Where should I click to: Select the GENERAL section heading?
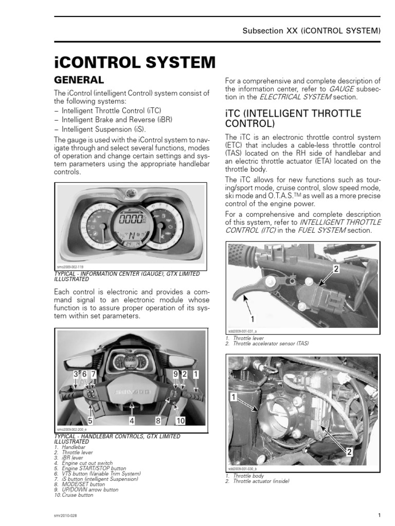pos(79,80)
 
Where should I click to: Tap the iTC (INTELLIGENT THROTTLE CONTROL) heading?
pos(293,119)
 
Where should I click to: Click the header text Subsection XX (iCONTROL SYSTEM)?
pos(311,31)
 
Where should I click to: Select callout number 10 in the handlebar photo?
pos(179,421)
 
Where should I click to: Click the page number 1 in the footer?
pos(379,515)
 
